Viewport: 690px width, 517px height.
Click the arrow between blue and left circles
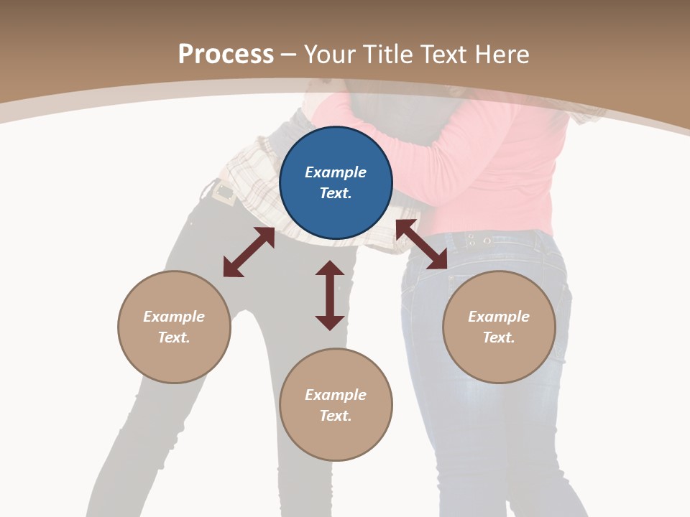point(249,252)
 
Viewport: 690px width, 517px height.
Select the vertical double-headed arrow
point(330,295)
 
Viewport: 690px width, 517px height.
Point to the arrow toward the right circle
point(421,245)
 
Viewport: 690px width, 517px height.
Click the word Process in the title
point(226,54)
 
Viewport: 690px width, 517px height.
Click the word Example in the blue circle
point(336,172)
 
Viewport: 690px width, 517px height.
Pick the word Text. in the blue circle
point(336,193)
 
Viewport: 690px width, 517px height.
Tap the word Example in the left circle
point(174,317)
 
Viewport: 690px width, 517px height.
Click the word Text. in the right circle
point(499,337)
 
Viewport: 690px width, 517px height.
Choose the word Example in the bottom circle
point(336,395)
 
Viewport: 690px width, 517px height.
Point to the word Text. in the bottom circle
point(336,416)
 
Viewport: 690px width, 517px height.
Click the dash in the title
point(289,55)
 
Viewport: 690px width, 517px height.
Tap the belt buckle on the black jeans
point(224,192)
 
